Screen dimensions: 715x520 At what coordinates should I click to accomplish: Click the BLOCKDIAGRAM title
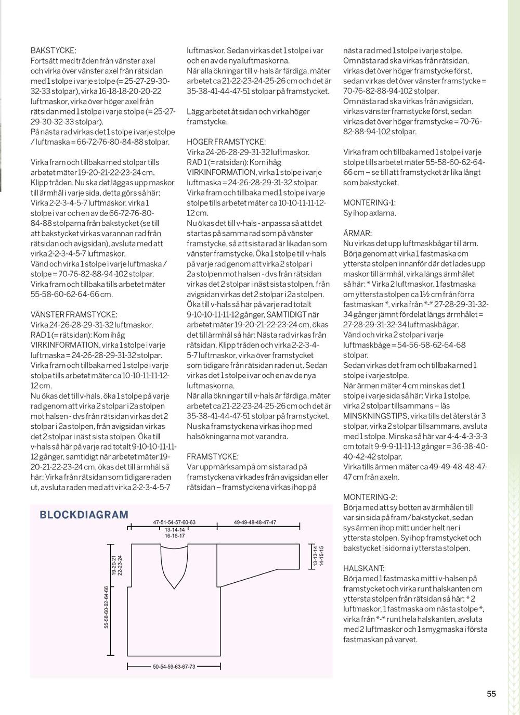(84, 515)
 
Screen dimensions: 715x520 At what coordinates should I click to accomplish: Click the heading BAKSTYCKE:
(54, 50)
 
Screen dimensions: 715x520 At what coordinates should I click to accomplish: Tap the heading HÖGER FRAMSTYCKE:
(226, 142)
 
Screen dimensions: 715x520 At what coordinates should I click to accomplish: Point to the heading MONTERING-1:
(369, 203)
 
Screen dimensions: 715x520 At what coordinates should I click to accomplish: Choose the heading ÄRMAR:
(357, 233)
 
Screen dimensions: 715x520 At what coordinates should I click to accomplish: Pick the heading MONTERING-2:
(370, 497)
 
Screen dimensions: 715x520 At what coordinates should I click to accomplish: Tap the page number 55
(491, 694)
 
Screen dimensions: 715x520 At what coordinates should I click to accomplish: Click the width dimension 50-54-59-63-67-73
(174, 667)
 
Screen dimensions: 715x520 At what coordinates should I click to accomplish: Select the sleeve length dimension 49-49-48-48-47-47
(255, 522)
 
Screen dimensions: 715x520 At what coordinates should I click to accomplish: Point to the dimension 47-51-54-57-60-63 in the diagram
(174, 522)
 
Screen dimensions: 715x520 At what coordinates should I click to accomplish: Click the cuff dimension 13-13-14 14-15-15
(318, 556)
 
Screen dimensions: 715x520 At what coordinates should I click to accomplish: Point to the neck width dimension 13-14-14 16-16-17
(175, 532)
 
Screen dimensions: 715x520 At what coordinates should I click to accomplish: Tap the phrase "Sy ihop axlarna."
(370, 213)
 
